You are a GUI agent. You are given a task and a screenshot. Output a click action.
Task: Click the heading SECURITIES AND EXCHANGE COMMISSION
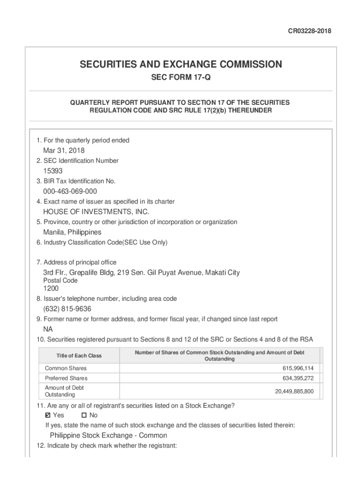click(180, 65)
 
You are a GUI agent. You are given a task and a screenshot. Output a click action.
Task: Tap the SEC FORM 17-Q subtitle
click(180, 78)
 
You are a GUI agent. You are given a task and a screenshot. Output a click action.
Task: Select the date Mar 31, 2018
click(64, 150)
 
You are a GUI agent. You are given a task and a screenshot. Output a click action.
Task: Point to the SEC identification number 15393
click(53, 171)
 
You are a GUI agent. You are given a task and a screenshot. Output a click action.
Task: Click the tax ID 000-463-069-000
click(70, 191)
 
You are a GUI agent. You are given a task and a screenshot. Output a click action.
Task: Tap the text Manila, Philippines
click(72, 232)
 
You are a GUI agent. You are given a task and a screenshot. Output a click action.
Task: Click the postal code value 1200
click(51, 289)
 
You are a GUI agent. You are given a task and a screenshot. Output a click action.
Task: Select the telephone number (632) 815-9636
click(67, 309)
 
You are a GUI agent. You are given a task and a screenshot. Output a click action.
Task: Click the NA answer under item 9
click(48, 329)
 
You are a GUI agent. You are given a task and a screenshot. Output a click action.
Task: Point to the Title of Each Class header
click(79, 356)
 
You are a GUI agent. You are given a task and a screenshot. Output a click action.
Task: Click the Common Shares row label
click(66, 368)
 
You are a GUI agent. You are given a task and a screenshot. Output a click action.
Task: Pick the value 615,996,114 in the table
click(295, 369)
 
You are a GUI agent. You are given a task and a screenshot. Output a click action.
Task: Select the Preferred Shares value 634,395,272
click(295, 378)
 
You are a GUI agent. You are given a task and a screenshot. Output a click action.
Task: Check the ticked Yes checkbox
click(48, 415)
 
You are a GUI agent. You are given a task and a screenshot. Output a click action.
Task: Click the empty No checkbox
click(84, 415)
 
